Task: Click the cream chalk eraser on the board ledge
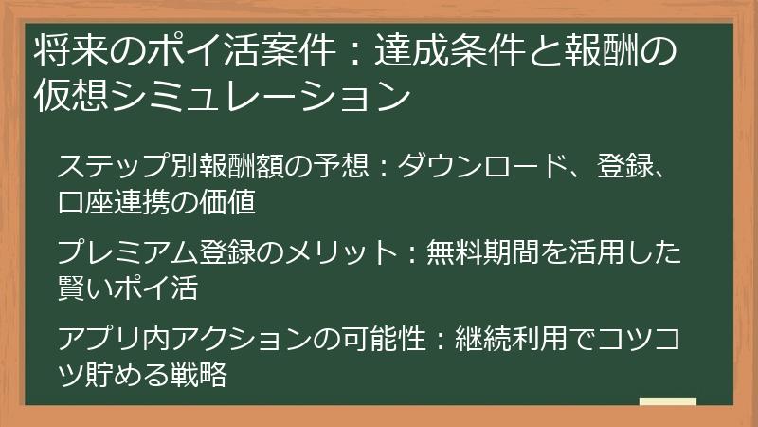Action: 667,402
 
